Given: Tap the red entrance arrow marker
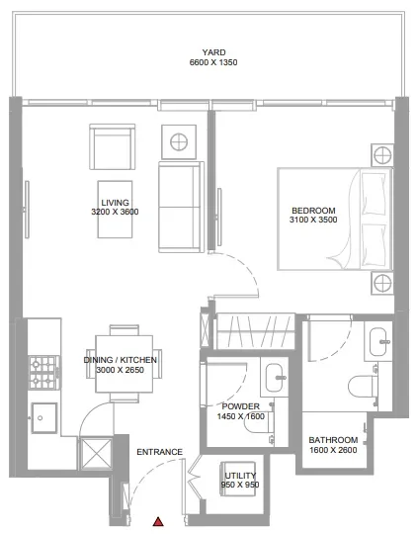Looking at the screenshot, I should click(x=157, y=520).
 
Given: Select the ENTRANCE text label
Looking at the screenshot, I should click(x=159, y=452).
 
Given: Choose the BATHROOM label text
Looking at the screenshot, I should click(x=332, y=440).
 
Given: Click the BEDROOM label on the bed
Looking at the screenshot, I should click(x=313, y=210).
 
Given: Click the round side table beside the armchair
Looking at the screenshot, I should click(x=181, y=142).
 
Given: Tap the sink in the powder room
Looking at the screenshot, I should click(x=276, y=374).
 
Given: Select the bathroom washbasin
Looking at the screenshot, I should click(x=379, y=343).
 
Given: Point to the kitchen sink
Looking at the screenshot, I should click(x=42, y=414).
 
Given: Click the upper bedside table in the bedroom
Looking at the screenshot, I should click(x=382, y=155).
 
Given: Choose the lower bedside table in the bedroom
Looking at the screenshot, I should click(x=382, y=285).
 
